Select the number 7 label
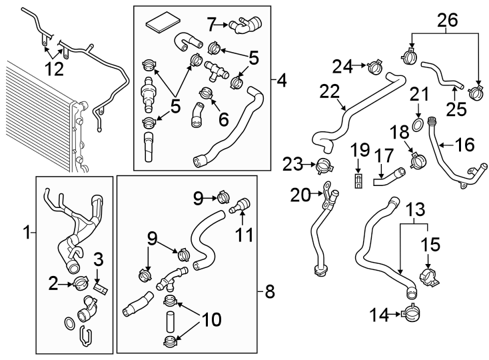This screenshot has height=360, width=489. pos(211,25)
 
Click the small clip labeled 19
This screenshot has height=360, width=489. pos(358,182)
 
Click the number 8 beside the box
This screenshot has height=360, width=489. pos(269,291)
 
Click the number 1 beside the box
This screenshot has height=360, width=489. pos(26,233)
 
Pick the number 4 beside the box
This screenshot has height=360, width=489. pos(282,82)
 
